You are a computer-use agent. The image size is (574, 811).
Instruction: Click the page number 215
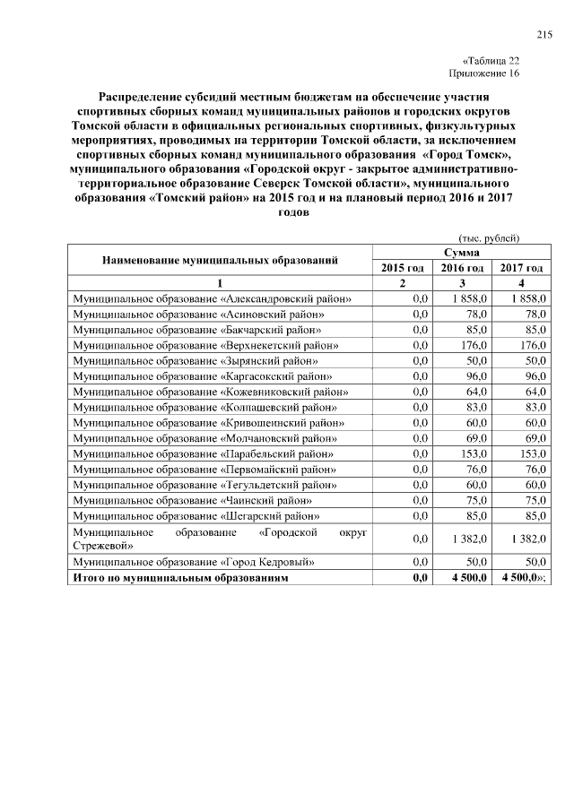544,35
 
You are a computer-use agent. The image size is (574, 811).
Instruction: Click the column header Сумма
460,254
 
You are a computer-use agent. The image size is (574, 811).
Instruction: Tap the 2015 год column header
402,268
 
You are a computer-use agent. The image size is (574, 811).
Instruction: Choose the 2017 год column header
521,268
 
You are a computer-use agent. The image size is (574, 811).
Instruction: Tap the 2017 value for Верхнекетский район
533,344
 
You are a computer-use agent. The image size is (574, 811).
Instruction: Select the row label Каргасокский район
203,376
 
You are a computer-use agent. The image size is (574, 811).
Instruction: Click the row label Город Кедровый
193,562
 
